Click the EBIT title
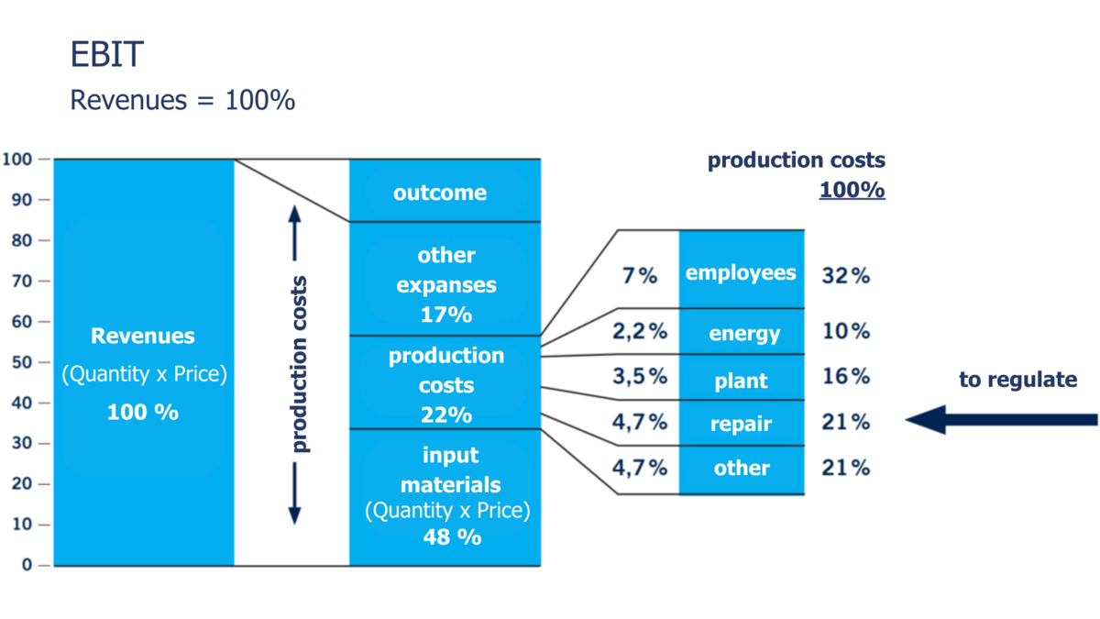(x=107, y=55)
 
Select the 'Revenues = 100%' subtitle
(x=182, y=100)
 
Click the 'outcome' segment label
(x=440, y=193)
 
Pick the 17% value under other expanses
(x=445, y=315)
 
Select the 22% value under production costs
(x=446, y=415)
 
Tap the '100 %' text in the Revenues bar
(x=142, y=412)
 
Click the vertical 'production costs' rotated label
(x=300, y=364)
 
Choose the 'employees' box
(x=741, y=272)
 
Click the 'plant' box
(x=741, y=380)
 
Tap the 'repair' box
(x=741, y=424)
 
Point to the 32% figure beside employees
(x=845, y=275)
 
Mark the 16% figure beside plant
(x=845, y=377)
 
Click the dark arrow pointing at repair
(x=1000, y=420)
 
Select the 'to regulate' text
(x=1017, y=380)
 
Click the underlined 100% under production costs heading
(x=852, y=191)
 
